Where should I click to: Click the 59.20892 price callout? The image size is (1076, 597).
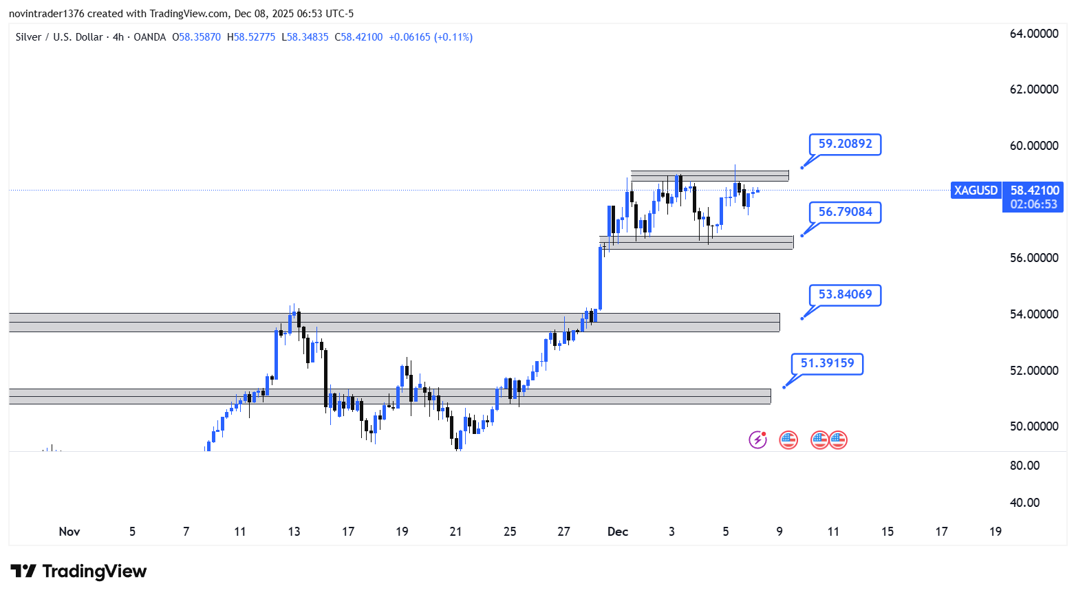(x=845, y=144)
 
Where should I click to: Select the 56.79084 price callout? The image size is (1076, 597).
(x=845, y=213)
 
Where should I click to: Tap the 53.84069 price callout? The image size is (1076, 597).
(x=845, y=295)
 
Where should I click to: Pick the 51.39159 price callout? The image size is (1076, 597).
(x=827, y=364)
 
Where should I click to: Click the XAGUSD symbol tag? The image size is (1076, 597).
(x=976, y=191)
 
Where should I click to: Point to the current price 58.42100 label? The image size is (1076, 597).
(x=1034, y=191)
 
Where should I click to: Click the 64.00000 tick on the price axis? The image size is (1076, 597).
(x=1033, y=34)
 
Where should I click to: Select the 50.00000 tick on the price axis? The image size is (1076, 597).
(x=1033, y=426)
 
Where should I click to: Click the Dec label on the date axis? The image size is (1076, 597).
(x=618, y=532)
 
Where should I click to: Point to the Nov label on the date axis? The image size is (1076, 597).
(x=69, y=532)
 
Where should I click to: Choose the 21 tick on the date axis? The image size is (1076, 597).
(x=455, y=532)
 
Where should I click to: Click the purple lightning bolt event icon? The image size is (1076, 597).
(x=757, y=439)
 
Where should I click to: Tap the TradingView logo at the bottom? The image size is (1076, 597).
(x=79, y=572)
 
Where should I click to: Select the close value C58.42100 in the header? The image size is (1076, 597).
(x=358, y=37)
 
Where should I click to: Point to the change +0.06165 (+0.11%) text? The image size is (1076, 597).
(x=431, y=37)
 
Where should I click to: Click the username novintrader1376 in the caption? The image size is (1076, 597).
(x=46, y=14)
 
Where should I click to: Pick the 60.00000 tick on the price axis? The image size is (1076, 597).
(x=1033, y=146)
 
